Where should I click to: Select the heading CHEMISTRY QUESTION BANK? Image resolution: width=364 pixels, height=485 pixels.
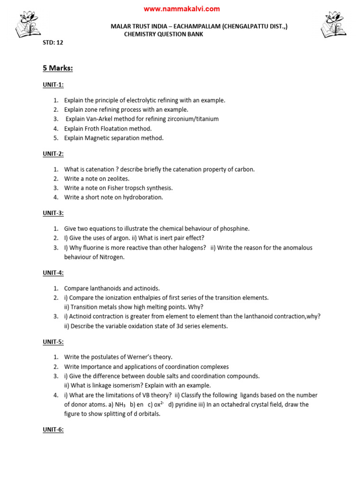tap(164, 34)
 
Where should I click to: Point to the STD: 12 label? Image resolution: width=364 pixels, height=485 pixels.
tap(53, 42)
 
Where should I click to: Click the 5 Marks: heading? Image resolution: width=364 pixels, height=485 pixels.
tap(58, 68)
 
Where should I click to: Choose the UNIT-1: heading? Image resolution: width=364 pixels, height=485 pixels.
tap(53, 85)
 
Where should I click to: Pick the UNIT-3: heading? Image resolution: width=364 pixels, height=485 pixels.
tap(53, 213)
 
